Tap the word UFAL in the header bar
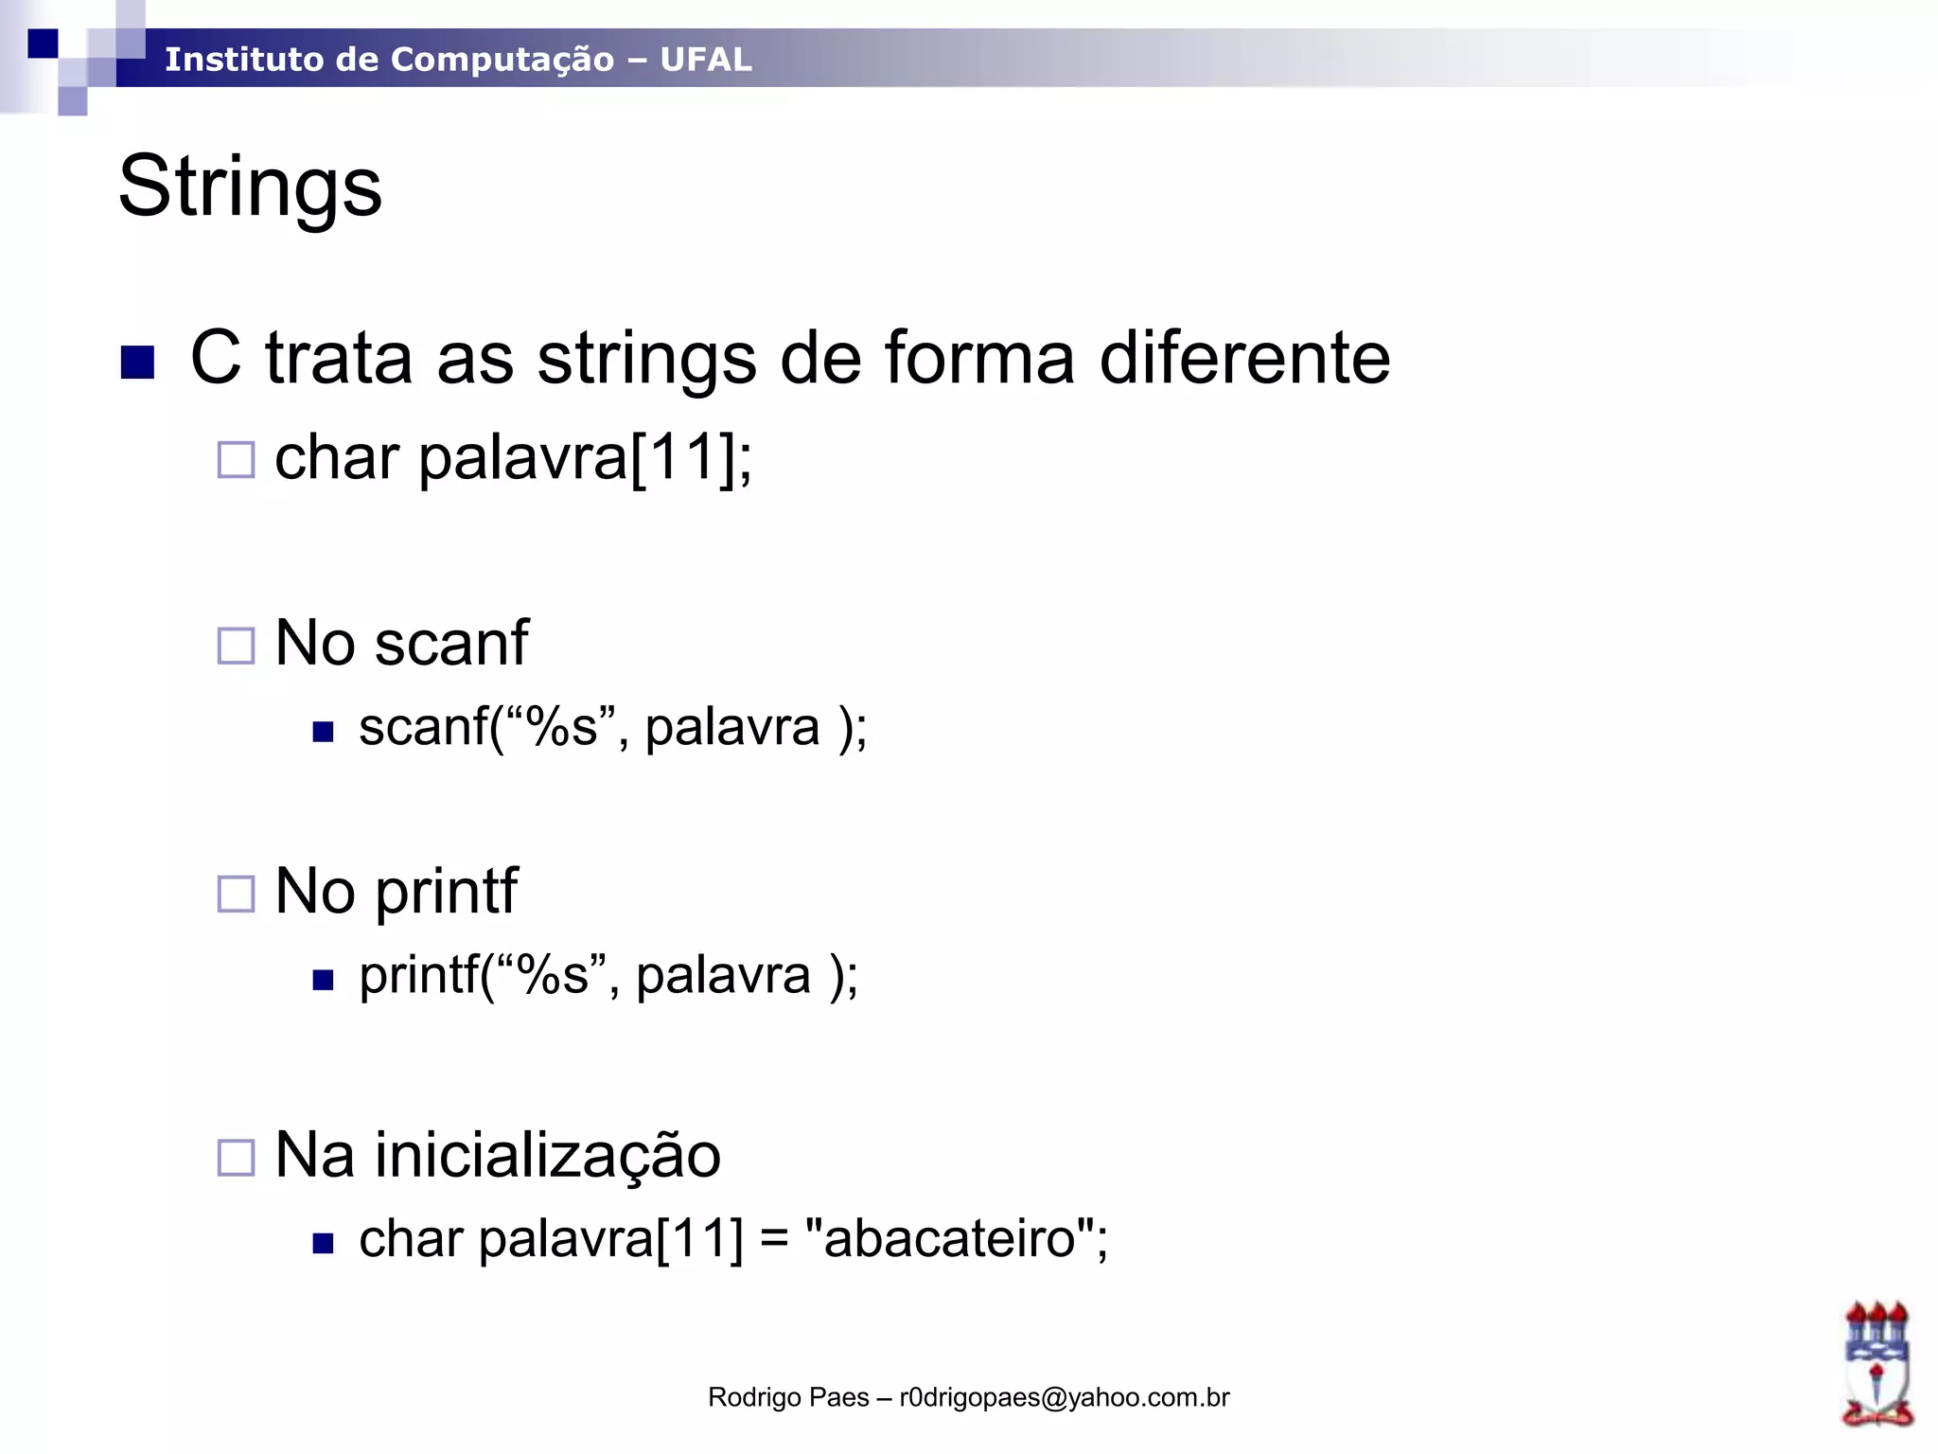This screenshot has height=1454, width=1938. coord(706,60)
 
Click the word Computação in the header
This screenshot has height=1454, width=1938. coord(502,60)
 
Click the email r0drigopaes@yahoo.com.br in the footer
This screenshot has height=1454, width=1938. coord(1064,1397)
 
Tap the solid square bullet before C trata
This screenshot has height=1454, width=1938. coord(138,362)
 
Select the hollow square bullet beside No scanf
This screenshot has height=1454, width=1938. coord(236,647)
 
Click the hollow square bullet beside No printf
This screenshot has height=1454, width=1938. coord(236,894)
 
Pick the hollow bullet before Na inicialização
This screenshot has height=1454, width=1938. coord(236,1158)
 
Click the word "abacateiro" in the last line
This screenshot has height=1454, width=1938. coord(950,1238)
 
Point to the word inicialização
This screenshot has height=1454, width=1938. coord(548,1156)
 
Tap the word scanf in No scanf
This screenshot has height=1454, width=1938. coord(451,644)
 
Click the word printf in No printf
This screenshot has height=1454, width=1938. coord(447,892)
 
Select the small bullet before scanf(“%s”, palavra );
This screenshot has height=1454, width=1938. coord(324,732)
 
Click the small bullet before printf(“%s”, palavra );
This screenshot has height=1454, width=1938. coord(324,980)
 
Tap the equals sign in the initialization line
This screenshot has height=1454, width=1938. coord(774,1240)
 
